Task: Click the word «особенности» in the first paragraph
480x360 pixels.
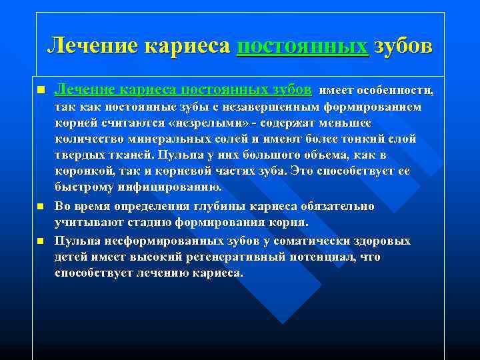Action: point(399,90)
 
